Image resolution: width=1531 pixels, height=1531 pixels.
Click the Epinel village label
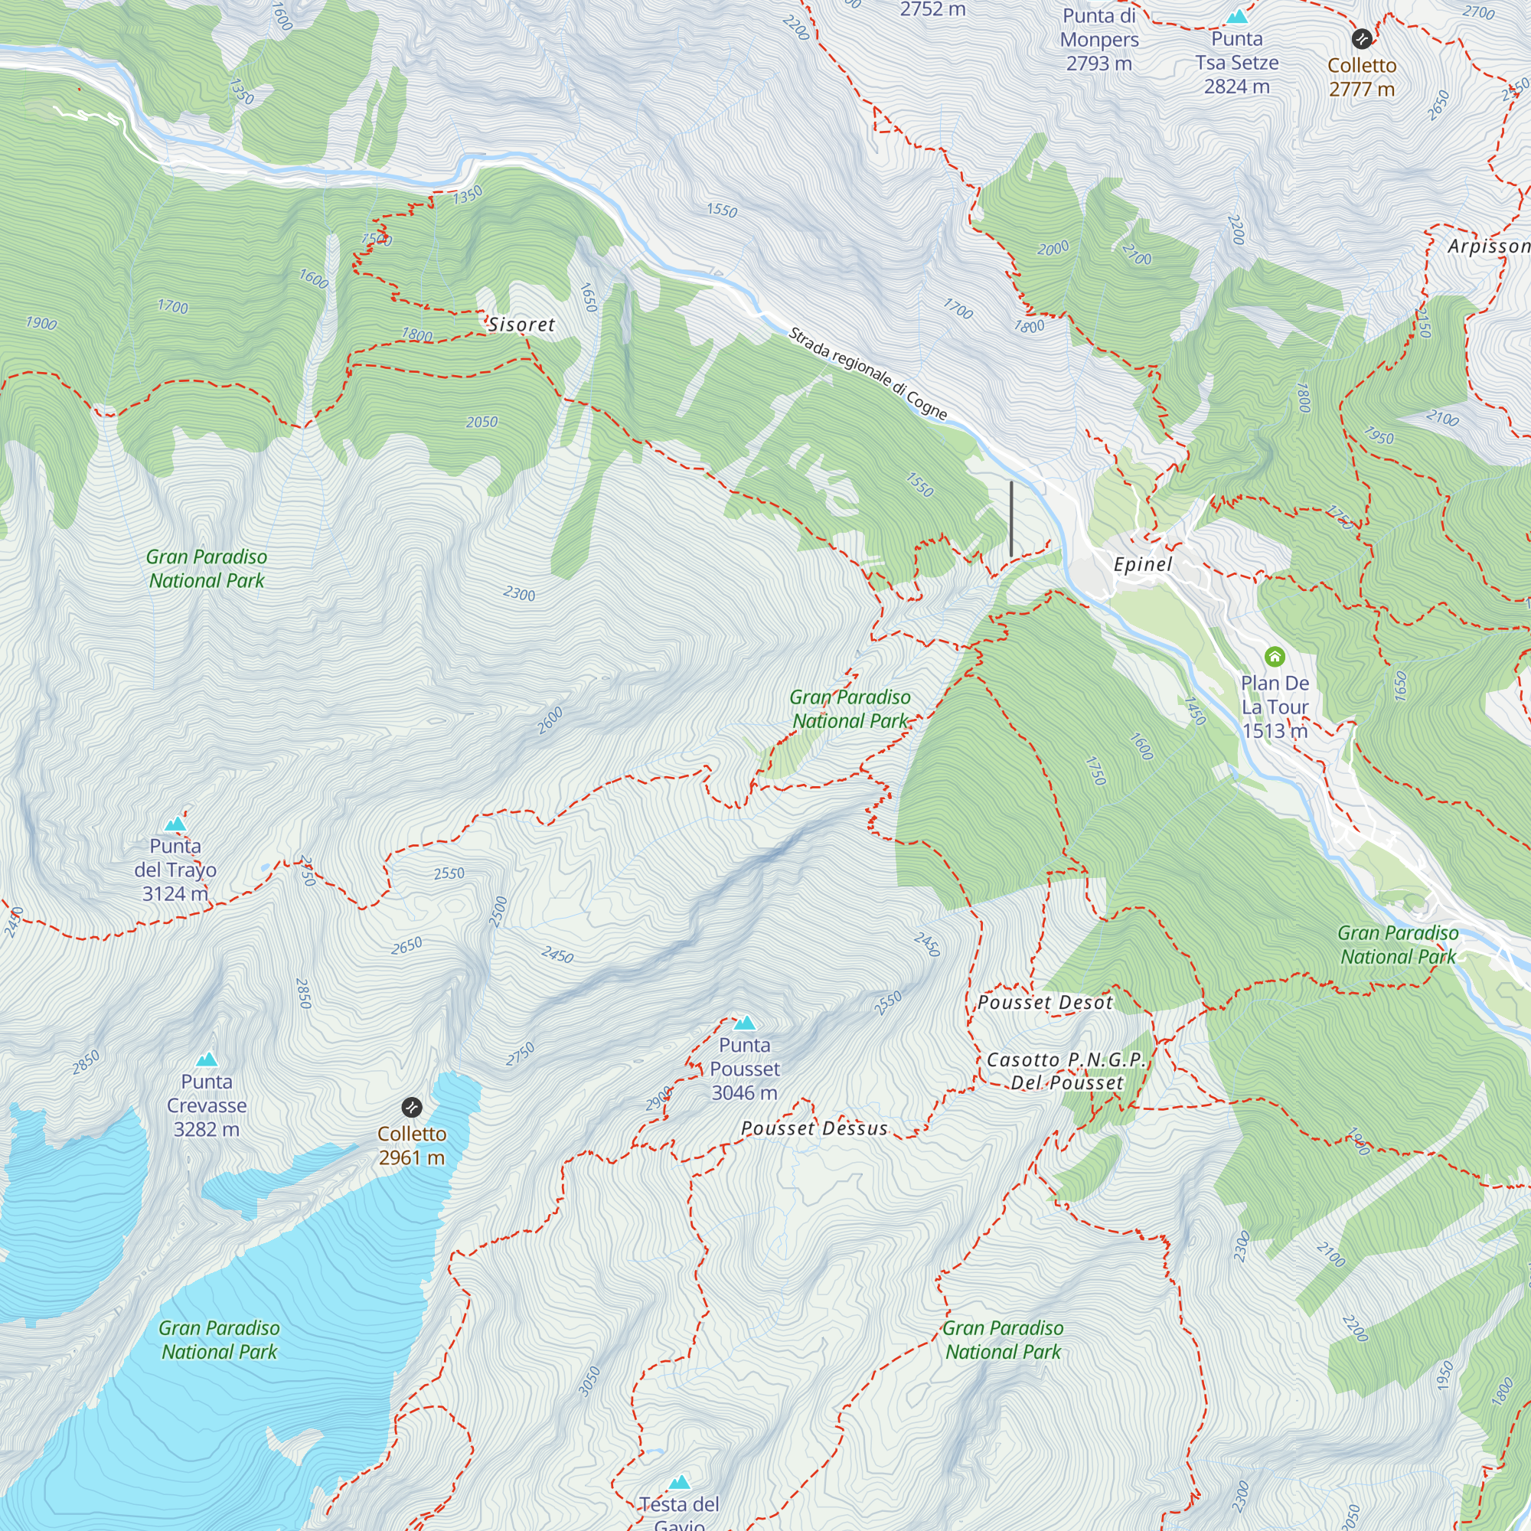tap(1142, 564)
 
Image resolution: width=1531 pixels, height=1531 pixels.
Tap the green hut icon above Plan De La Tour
tap(1275, 656)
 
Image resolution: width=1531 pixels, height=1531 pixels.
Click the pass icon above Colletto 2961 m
tap(411, 1107)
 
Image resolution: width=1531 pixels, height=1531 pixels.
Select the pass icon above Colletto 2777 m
tap(1361, 39)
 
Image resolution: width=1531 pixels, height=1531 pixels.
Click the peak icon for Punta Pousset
tap(744, 1022)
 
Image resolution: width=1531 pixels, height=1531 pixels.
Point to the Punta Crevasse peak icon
tap(207, 1059)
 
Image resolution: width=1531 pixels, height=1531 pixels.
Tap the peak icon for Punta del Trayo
tap(175, 824)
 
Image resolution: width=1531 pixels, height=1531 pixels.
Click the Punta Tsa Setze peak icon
tap(1237, 17)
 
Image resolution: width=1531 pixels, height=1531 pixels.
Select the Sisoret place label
tap(521, 324)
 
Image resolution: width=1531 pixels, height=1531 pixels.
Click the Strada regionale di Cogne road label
tap(868, 373)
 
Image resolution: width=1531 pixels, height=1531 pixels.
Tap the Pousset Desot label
tap(1044, 1003)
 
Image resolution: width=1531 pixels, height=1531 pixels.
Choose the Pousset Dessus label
tap(814, 1128)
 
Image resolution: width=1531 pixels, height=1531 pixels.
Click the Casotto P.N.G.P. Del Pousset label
tap(1066, 1071)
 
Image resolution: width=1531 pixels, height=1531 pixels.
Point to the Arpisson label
tap(1488, 246)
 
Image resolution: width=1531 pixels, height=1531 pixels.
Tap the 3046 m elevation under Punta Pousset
tap(744, 1093)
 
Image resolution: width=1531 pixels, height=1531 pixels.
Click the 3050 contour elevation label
tap(589, 1382)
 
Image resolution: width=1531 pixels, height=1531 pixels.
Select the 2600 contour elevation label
tap(550, 720)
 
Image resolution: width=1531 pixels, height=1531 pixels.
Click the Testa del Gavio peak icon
tap(679, 1482)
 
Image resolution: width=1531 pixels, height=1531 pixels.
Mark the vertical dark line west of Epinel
tap(1011, 519)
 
